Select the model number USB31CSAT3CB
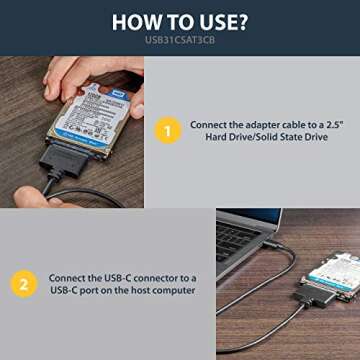[180, 42]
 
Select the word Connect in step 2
[68, 276]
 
